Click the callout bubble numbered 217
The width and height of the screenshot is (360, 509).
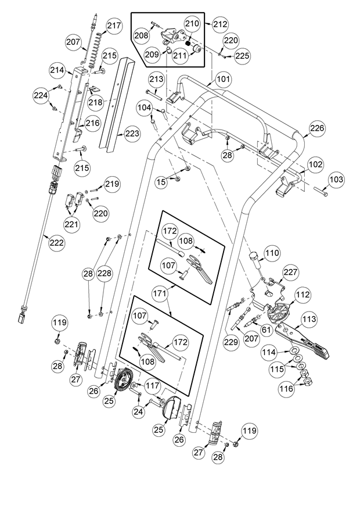114,26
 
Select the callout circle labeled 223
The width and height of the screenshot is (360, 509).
132,134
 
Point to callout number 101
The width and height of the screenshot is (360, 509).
223,79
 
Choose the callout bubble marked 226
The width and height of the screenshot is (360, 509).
316,128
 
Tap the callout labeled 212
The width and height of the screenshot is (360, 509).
221,24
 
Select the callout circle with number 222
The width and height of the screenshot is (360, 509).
57,242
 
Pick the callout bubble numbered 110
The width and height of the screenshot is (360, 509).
272,253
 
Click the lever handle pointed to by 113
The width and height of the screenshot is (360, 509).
303,340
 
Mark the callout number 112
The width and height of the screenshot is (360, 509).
303,295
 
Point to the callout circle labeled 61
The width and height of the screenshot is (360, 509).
266,330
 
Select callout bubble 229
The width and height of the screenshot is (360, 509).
231,342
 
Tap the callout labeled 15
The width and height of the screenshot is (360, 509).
161,182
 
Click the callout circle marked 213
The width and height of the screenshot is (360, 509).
157,79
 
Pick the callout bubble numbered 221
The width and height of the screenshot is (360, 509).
71,224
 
